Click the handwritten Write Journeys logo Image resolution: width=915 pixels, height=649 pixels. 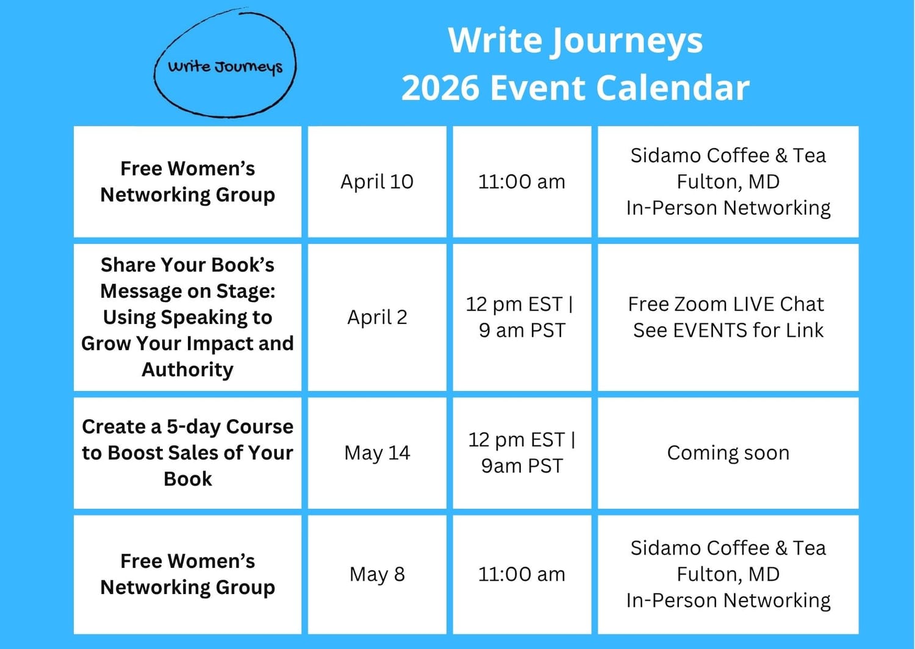tap(225, 66)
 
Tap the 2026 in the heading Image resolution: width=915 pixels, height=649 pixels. tap(440, 88)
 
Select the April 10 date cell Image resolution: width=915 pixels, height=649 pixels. tap(377, 182)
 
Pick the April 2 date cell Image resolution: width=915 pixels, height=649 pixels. tap(377, 317)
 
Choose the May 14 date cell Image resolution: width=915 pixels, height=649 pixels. tap(377, 453)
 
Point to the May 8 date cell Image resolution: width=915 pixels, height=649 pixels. tap(377, 574)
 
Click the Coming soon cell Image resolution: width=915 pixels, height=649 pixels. tap(728, 453)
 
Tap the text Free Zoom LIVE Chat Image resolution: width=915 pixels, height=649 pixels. tap(726, 304)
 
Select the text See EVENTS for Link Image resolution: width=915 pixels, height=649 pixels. tap(728, 331)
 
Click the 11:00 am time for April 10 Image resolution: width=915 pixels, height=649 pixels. tap(522, 182)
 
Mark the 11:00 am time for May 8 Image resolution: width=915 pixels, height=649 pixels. tap(522, 574)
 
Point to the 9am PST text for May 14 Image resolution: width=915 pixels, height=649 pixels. tap(522, 466)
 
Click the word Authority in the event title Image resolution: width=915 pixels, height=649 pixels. tap(187, 370)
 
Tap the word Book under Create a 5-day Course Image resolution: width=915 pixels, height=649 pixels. tap(188, 479)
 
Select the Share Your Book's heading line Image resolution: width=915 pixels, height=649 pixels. tap(187, 265)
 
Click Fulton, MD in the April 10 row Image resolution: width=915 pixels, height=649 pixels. tap(728, 182)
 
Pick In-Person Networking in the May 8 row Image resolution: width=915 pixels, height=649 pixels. tap(728, 601)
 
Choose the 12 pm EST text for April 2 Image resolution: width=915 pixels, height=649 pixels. tap(515, 304)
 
